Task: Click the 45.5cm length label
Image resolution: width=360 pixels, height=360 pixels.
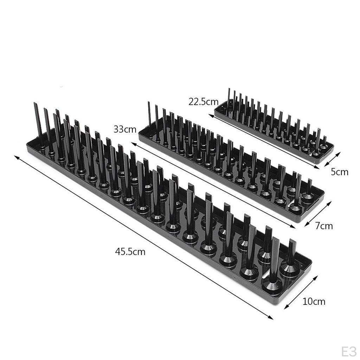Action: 130,252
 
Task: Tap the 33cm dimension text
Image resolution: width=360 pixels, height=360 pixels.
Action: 125,129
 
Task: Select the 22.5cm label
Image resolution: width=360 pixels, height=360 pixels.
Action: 204,102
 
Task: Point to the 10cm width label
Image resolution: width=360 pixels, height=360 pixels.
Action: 314,301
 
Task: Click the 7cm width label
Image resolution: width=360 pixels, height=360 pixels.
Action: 324,226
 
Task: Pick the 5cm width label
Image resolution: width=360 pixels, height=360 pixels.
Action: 340,172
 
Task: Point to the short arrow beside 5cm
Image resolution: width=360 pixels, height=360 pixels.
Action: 332,159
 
